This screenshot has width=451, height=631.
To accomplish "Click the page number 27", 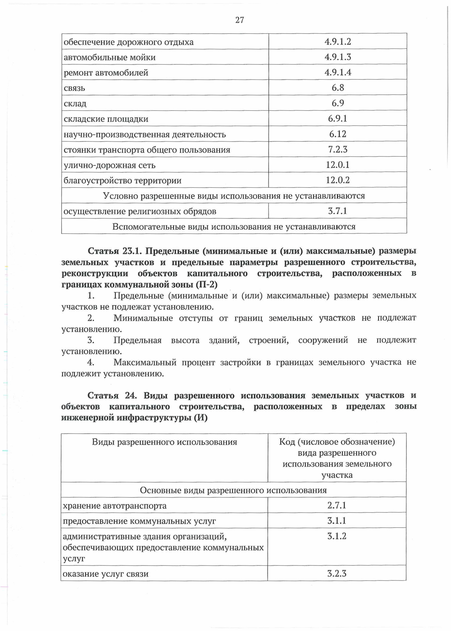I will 239,20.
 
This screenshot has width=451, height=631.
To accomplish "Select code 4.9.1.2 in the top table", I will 337,42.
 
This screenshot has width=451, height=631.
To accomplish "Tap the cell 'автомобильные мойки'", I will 109,57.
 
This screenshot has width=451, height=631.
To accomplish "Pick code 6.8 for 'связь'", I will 337,88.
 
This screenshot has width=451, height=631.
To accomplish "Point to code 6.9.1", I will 337,119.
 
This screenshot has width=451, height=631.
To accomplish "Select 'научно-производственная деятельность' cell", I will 145,134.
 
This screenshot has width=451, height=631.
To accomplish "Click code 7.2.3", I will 337,149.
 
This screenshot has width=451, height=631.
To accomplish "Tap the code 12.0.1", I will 337,165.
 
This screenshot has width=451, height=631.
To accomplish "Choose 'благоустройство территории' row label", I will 123,181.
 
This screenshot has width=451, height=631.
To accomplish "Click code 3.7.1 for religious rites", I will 337,211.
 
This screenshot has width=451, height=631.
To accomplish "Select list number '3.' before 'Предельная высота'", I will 91,340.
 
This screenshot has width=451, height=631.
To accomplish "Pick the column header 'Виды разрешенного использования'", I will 164,442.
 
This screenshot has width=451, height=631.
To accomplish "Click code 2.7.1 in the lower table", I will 337,505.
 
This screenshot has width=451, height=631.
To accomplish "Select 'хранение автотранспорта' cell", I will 115,506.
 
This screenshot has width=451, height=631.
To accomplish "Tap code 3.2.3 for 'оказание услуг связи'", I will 337,574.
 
